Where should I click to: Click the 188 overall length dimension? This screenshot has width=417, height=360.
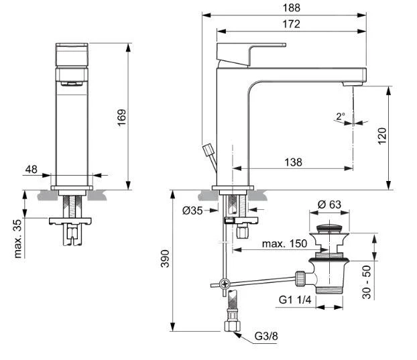[292, 8]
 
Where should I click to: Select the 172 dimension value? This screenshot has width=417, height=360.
[291, 24]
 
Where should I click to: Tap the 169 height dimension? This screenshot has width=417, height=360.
[122, 117]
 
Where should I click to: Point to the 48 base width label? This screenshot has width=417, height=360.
[32, 170]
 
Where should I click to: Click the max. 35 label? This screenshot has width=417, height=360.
[18, 239]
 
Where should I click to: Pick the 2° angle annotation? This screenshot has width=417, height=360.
[341, 116]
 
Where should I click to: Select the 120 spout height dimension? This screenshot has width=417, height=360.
[382, 136]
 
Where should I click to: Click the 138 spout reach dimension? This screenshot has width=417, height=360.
[294, 162]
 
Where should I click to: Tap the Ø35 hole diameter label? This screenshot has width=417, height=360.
[192, 211]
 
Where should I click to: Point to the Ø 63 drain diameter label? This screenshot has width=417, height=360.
[329, 204]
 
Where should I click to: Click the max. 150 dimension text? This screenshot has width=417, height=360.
[284, 243]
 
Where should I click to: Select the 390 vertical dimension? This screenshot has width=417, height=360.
[165, 258]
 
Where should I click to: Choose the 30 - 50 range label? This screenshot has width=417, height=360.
[367, 282]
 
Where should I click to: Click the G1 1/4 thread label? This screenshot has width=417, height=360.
[295, 300]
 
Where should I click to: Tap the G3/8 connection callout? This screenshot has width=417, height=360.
[266, 336]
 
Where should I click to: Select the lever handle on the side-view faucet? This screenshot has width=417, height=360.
[251, 54]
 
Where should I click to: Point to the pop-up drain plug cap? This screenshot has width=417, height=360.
[329, 228]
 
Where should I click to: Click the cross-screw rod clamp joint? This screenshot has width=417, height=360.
[225, 284]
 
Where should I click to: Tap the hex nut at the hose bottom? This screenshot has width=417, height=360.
[232, 326]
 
